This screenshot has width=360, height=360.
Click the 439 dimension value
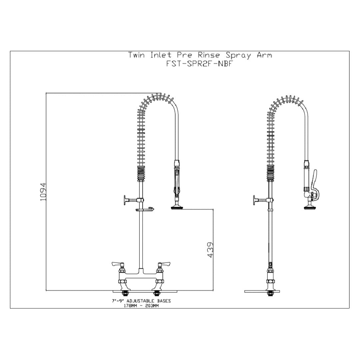tap(210, 250)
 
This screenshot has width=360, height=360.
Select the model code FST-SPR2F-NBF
tap(199, 64)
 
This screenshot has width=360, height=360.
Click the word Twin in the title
tap(137, 55)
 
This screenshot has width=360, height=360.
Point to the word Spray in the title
tap(238, 55)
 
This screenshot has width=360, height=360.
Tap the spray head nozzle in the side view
tap(310, 208)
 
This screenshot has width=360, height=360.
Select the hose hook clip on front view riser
tap(145, 210)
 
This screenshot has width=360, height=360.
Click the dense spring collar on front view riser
tap(141, 174)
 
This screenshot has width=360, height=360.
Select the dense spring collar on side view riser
tap(270, 174)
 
